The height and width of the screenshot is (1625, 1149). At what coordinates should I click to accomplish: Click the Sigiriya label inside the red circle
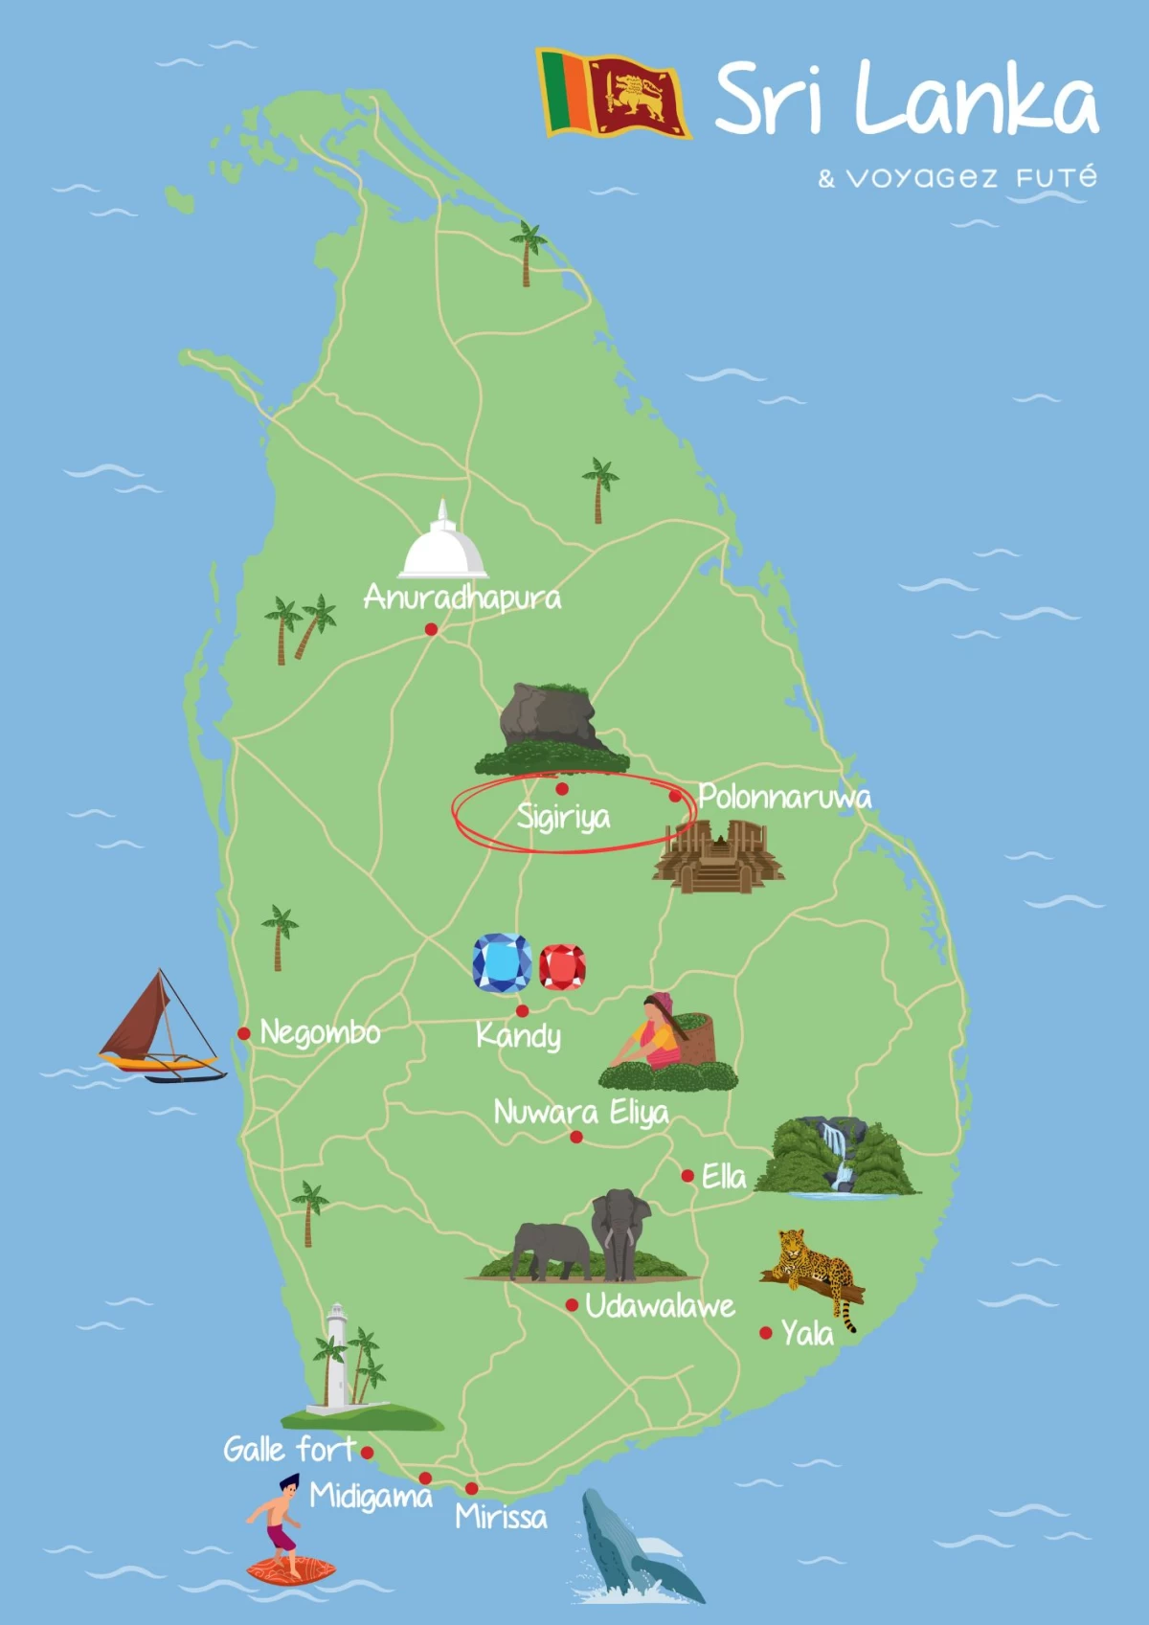563,817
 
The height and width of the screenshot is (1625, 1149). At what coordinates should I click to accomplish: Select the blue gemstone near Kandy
502,963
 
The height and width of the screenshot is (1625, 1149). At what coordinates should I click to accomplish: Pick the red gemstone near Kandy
562,967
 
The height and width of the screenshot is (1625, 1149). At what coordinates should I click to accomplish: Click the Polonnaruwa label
784,797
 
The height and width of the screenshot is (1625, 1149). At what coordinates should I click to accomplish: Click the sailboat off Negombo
161,1029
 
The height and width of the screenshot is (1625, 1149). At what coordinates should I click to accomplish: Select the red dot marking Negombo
244,1033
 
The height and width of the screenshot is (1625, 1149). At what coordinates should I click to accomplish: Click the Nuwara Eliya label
580,1113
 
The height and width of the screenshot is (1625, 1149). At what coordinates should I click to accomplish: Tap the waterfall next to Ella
838,1156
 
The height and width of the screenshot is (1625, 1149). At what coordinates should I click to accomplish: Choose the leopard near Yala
812,1269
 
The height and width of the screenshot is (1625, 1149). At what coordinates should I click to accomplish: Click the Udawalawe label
660,1306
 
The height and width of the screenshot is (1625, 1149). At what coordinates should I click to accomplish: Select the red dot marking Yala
766,1332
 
